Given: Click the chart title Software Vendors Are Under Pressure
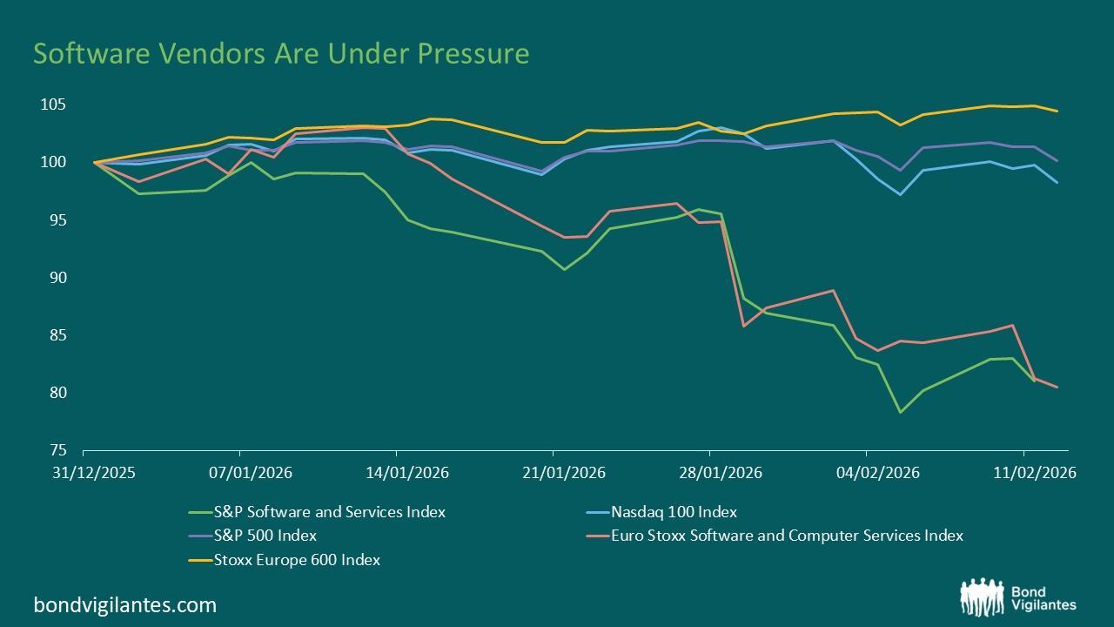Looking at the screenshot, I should (281, 54).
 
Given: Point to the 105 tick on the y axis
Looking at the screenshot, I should (53, 104).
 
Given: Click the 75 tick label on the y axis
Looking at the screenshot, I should (57, 450).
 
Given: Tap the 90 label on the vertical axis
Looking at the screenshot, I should (57, 278).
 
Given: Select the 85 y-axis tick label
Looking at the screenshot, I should (57, 335).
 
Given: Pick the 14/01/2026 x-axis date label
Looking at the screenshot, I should (396, 473).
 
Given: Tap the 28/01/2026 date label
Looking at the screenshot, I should (709, 473).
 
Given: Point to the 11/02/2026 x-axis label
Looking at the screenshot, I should (1023, 473).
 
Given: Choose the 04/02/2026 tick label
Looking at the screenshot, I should (866, 473).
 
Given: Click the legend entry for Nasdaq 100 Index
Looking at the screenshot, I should (674, 512).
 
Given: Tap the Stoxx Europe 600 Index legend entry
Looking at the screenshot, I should (297, 560).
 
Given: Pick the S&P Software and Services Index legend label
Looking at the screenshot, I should (329, 512).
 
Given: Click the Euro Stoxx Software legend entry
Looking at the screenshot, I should (787, 536).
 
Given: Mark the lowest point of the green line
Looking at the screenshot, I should (900, 412).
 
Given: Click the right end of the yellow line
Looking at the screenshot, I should (1057, 111).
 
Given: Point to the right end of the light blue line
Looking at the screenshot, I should (1057, 182).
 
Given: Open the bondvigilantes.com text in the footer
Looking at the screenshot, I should (124, 604).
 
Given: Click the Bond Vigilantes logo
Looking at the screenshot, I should (1017, 597).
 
